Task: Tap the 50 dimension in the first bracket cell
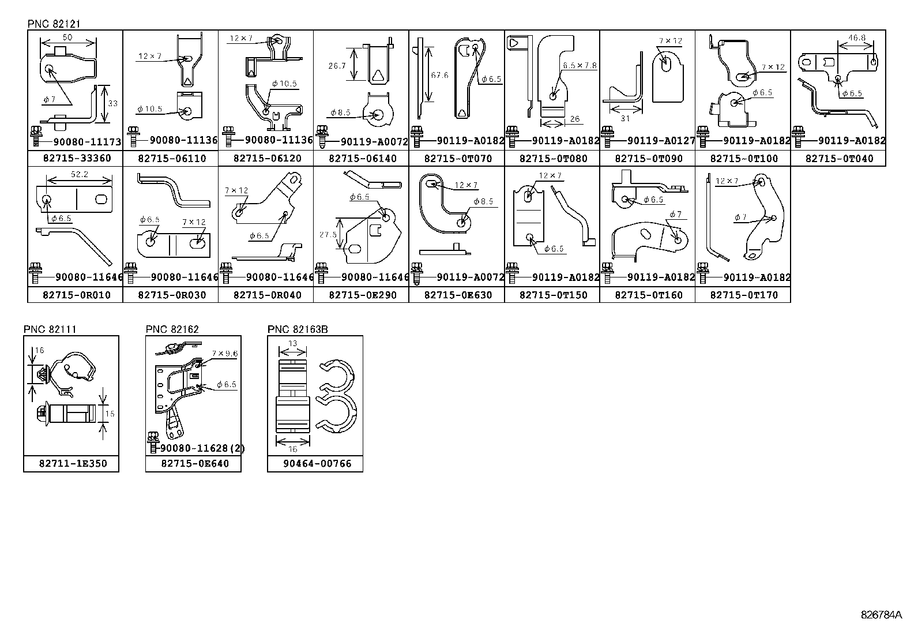tap(67, 37)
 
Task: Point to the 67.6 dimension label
tap(439, 75)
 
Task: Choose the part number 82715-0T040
tap(839, 159)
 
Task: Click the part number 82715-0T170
tap(743, 295)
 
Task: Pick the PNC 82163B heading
tap(298, 329)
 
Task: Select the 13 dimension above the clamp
tap(292, 343)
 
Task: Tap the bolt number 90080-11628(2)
tap(202, 448)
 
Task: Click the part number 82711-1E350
tap(73, 464)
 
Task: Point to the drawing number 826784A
tap(882, 615)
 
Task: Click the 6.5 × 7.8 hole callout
tap(580, 65)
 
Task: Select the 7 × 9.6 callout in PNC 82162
tap(224, 354)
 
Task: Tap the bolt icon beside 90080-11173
tap(36, 136)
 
